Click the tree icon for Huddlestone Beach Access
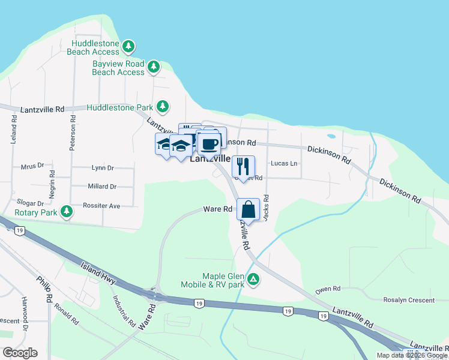tap(128, 46)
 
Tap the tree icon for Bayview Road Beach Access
tap(154, 66)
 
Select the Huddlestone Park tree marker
tap(162, 107)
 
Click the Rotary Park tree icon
tap(68, 211)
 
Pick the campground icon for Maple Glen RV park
tap(254, 279)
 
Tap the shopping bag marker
tap(248, 210)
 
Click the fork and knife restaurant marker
tap(243, 165)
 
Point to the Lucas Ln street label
tap(284, 163)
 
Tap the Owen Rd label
tap(328, 289)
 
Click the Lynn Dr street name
tap(102, 169)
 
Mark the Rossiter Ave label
tap(101, 206)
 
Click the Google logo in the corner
tap(20, 353)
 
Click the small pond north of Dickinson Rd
tap(331, 137)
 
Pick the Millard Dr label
tap(101, 187)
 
